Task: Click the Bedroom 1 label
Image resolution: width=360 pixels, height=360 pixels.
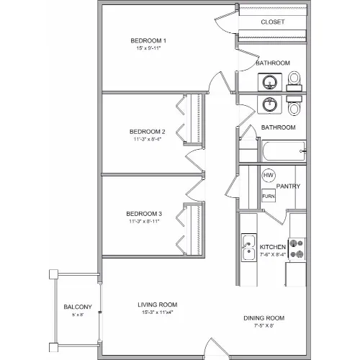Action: (148, 40)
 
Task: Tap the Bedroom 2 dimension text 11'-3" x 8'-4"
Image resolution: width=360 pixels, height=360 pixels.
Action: (148, 139)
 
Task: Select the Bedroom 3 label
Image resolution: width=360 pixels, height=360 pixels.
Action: (144, 214)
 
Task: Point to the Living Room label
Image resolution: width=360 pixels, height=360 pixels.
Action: (158, 305)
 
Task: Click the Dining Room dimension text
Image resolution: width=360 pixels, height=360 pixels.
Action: (264, 325)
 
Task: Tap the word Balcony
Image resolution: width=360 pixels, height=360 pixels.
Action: (78, 307)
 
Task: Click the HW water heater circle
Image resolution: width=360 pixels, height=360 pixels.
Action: (269, 175)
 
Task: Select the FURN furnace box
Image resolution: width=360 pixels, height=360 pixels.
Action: (269, 196)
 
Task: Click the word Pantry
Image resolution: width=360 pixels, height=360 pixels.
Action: (288, 186)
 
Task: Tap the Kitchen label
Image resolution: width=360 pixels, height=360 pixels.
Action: (273, 247)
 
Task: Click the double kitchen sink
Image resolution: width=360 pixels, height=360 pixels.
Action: (249, 248)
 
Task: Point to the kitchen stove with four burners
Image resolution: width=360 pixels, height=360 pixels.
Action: (297, 249)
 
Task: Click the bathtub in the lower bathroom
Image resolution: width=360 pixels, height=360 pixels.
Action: (284, 151)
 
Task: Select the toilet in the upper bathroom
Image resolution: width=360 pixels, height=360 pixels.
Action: (294, 81)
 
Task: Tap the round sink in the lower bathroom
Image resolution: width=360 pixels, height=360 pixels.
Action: (269, 104)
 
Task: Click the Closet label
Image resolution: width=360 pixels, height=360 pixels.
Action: (273, 22)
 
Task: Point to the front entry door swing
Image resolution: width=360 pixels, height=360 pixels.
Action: (217, 347)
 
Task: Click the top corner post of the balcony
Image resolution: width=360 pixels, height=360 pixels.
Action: (53, 274)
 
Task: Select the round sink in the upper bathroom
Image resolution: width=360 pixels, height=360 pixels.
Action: (270, 82)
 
